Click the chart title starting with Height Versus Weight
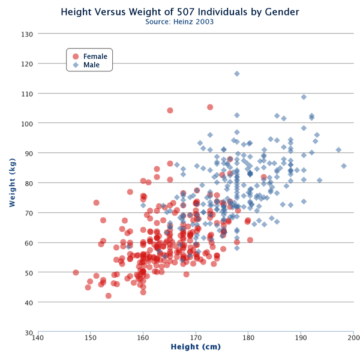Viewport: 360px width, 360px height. click(x=180, y=11)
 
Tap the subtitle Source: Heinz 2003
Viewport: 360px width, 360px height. click(x=180, y=22)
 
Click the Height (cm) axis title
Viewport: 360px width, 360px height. click(x=196, y=347)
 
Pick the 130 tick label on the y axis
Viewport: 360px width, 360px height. click(x=27, y=34)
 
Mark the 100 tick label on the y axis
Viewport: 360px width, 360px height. click(x=27, y=123)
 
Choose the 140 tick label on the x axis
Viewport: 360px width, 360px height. click(x=37, y=339)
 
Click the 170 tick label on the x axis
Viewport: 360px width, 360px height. click(x=196, y=339)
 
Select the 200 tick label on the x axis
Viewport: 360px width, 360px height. click(x=353, y=339)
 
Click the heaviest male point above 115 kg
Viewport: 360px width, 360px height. click(x=237, y=74)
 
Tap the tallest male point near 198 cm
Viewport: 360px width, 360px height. click(x=344, y=166)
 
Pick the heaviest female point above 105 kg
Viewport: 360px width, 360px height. click(x=210, y=107)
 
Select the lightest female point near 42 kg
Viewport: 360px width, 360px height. click(x=109, y=296)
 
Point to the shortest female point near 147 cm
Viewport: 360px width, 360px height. click(x=76, y=272)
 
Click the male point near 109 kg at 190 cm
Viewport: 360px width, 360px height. click(x=304, y=97)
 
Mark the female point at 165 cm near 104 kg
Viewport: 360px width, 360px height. click(x=170, y=110)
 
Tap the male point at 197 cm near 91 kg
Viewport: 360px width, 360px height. click(x=338, y=150)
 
